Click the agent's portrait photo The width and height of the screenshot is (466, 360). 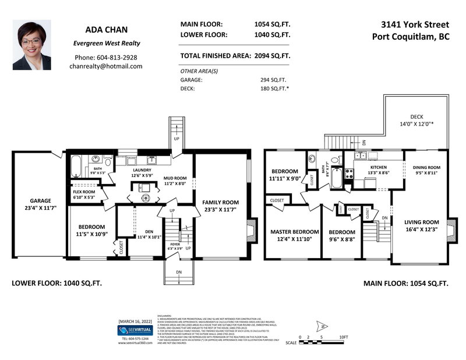[x=31, y=45]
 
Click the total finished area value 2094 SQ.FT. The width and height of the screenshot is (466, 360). [x=271, y=57]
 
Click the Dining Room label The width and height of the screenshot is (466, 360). [x=427, y=167]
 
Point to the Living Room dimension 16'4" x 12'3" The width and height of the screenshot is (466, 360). [x=422, y=230]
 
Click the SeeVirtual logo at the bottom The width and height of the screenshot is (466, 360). [x=134, y=330]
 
